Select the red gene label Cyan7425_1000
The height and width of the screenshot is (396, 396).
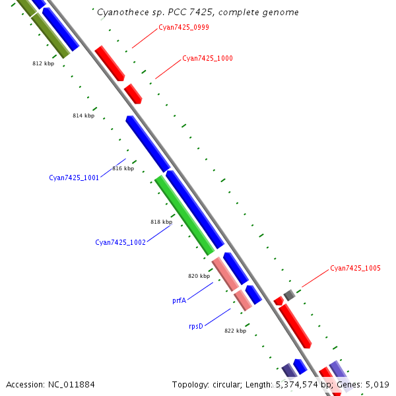tap(207, 58)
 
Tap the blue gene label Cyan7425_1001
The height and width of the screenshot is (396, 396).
tap(74, 178)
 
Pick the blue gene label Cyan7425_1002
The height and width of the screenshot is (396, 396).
tap(120, 242)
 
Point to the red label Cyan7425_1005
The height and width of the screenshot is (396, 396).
tap(355, 268)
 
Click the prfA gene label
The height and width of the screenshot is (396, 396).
tap(179, 300)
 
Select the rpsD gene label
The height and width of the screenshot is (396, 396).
tap(195, 326)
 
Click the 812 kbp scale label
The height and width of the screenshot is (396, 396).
tap(43, 64)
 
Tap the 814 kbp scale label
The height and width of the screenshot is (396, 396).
tap(83, 115)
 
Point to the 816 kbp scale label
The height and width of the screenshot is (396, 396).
tap(123, 168)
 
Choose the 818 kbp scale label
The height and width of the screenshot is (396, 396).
tap(161, 222)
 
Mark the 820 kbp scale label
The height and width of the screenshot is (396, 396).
tap(199, 276)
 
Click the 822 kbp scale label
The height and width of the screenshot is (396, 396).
tap(235, 331)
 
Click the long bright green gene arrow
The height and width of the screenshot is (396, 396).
tap(184, 215)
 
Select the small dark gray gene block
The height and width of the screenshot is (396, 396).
tap(288, 294)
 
